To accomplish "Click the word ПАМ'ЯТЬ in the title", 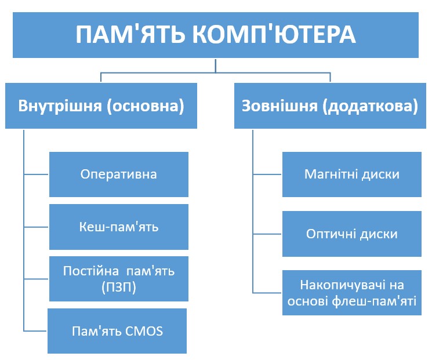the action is click(130, 34).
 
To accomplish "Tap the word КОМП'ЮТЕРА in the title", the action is click(274, 34).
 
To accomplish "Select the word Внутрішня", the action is click(60, 106).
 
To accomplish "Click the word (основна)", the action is click(146, 106).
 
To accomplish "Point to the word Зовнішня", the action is click(279, 106).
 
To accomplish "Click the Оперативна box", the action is click(119, 174).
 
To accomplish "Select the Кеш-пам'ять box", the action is click(119, 227).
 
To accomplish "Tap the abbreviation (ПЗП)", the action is click(119, 288).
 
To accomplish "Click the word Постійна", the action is click(90, 271).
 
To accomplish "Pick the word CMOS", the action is click(144, 331).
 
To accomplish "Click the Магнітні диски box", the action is click(352, 174).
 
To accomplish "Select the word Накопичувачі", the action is click(343, 285).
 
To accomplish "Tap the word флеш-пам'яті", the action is click(374, 301).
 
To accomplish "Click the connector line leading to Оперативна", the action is click(37, 174).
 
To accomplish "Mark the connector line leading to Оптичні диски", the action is click(267, 234).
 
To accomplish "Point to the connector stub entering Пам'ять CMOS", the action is click(35, 331).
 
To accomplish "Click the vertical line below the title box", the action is click(216, 66).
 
